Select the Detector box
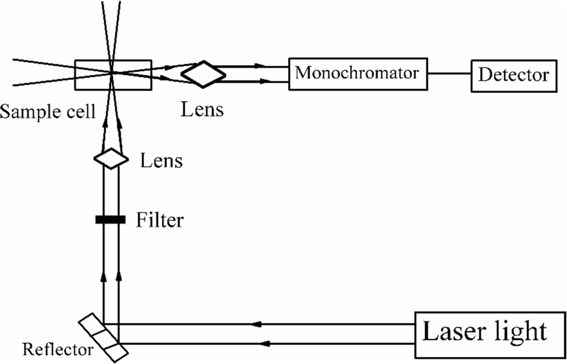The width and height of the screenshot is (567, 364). (513, 75)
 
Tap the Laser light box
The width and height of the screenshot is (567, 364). (485, 333)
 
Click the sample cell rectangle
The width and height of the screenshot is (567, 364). (114, 75)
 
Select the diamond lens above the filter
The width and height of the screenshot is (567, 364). (111, 158)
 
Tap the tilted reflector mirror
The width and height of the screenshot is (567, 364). (104, 334)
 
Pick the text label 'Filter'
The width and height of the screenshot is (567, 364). (160, 220)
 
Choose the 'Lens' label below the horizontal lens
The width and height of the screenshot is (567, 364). (202, 109)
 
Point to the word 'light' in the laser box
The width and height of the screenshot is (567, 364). (518, 331)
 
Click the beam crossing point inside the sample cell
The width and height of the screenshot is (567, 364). (111, 72)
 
